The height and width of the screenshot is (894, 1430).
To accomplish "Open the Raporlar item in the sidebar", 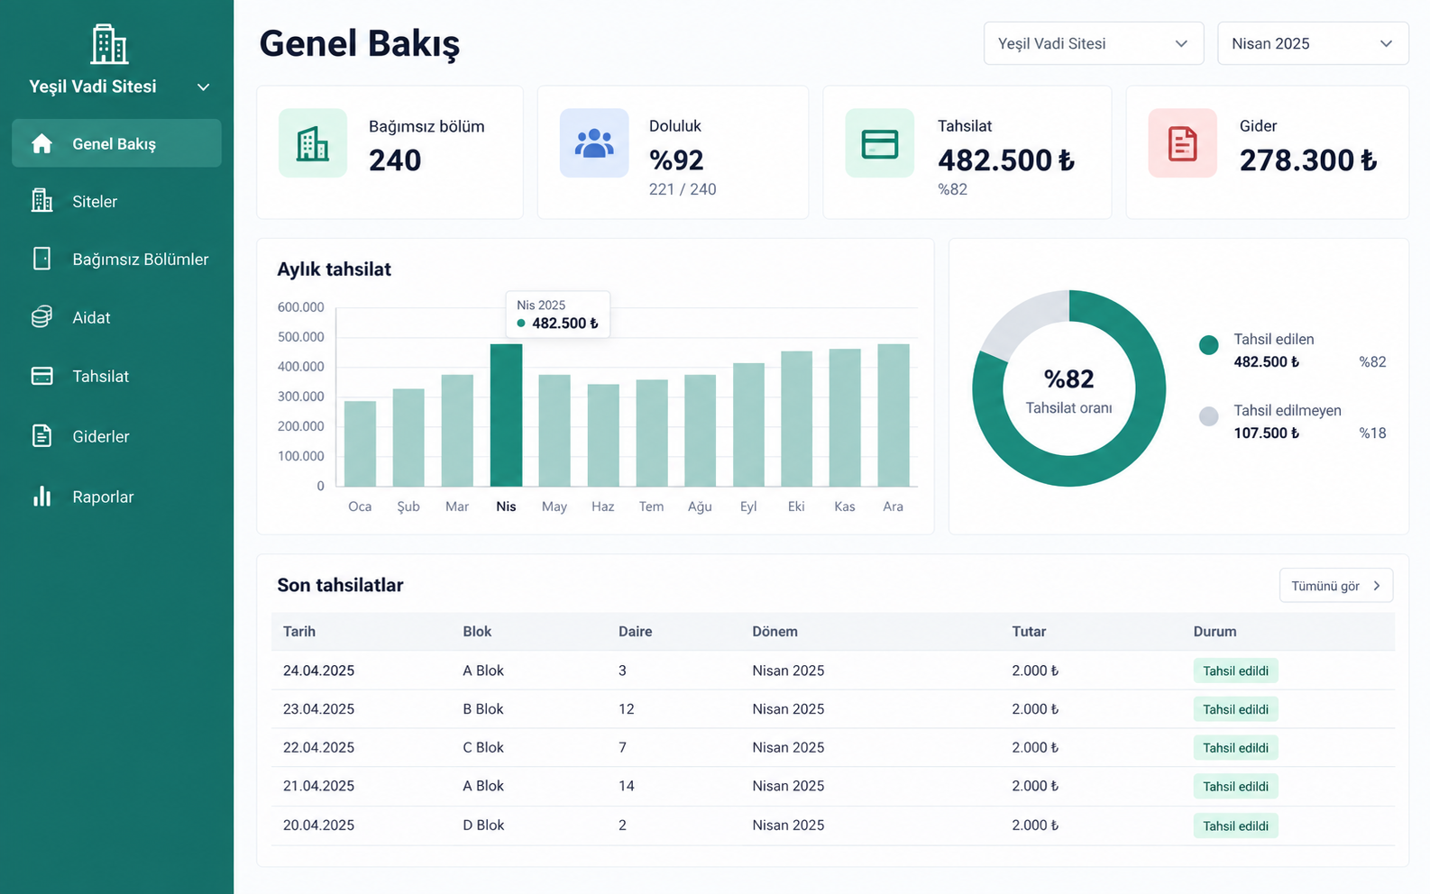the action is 103,497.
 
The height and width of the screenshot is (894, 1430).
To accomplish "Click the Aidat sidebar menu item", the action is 91,317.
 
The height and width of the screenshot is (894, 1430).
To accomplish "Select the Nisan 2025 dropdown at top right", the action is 1313,43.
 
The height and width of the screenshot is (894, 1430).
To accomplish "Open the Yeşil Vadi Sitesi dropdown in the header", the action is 1094,43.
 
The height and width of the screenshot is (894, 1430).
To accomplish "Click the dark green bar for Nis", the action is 506,415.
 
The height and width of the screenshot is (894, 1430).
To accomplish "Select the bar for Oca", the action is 360,444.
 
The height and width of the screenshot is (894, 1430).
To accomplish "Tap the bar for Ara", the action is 894,415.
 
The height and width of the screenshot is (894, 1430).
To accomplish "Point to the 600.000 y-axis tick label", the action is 300,307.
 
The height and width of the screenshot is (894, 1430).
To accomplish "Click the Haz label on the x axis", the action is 602,506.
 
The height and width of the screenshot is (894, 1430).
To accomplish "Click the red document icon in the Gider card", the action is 1182,143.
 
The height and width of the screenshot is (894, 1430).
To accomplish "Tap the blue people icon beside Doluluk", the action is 593,143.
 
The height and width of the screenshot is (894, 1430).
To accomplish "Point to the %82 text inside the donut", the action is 1068,379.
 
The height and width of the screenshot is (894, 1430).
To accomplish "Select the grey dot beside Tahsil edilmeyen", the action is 1208,416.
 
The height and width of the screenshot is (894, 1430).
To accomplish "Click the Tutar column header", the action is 1029,631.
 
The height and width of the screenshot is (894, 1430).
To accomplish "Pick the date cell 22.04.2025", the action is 318,747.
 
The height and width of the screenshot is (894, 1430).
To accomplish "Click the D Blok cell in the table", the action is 483,825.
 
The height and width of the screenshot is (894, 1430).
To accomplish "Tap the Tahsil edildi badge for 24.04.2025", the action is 1235,670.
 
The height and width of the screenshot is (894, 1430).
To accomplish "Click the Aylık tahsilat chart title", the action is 334,269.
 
